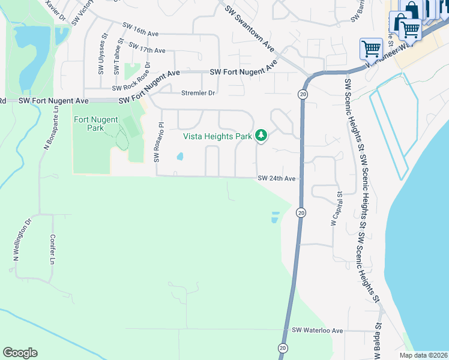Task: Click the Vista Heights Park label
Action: click(x=217, y=136)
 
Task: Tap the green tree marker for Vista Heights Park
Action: click(x=261, y=136)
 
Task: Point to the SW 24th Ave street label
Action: click(x=277, y=178)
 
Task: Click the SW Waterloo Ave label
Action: click(x=317, y=331)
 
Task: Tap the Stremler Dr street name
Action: click(x=197, y=93)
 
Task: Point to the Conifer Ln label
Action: click(x=52, y=249)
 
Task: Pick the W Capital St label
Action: click(x=334, y=209)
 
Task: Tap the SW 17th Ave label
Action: click(x=146, y=48)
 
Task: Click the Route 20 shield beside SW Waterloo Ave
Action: click(x=282, y=348)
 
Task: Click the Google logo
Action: click(x=20, y=353)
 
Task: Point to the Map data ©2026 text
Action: click(x=423, y=355)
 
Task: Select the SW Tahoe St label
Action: click(x=120, y=55)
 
